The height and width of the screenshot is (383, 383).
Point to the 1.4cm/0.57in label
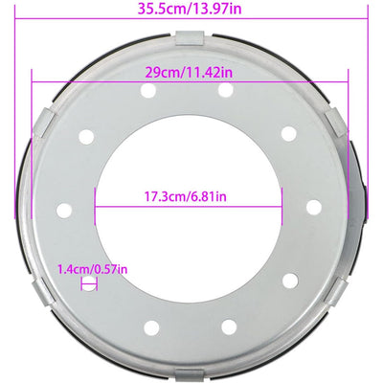coord(94,270)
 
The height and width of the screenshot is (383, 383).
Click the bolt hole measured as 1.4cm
coord(88,283)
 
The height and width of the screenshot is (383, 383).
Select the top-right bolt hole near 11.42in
coord(227,89)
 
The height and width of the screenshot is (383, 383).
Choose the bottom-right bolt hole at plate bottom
coord(228,327)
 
